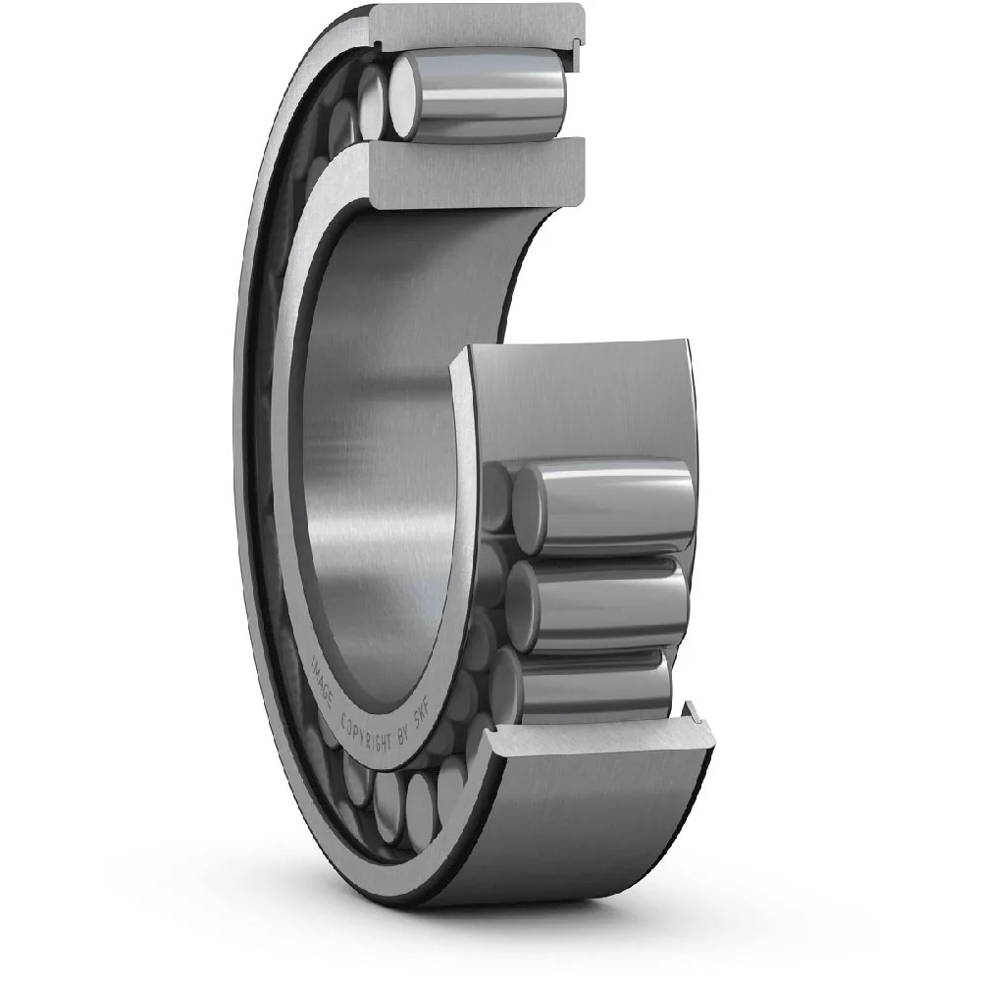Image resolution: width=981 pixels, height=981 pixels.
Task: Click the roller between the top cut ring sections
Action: [x=481, y=93]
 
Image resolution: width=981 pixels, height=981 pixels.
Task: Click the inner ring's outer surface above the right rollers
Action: [x=579, y=402]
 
